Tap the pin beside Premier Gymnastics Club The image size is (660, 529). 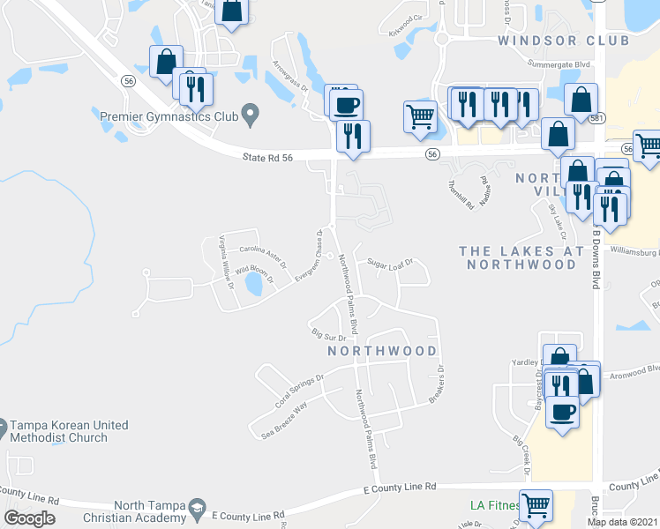pos(250,113)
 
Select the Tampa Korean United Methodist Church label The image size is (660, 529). pos(69,431)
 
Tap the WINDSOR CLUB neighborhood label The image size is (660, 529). pos(563,41)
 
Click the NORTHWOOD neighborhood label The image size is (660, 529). pos(382,350)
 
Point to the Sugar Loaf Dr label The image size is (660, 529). pos(390,263)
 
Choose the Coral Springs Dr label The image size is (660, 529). pos(300,389)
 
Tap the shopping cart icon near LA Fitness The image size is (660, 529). pos(535,506)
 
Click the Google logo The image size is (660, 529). pos(29,518)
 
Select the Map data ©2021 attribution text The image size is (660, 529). pos(623,522)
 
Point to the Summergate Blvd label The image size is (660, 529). pos(557,64)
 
